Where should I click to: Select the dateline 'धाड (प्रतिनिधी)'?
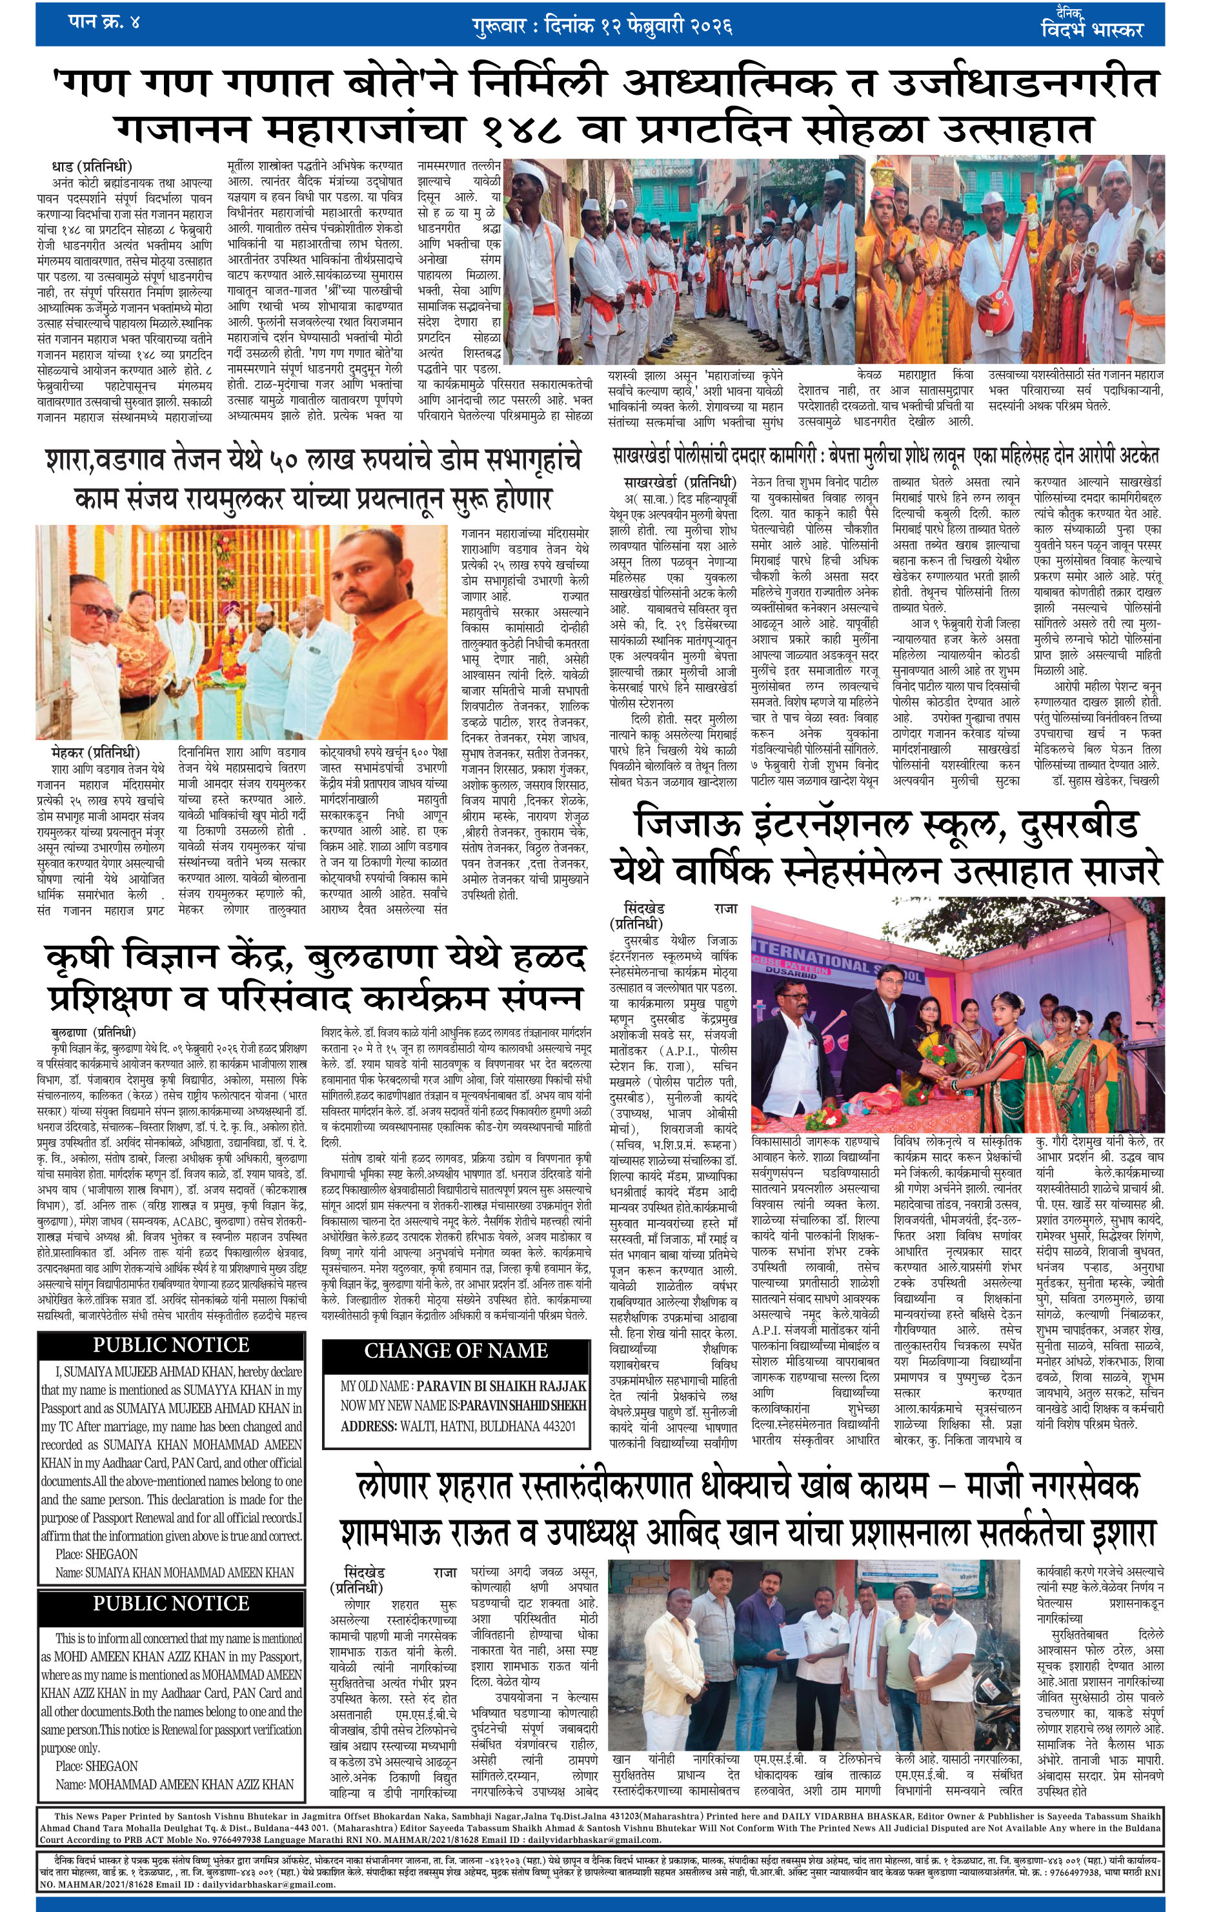coord(92,166)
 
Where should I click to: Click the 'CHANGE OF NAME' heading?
coord(455,1351)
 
